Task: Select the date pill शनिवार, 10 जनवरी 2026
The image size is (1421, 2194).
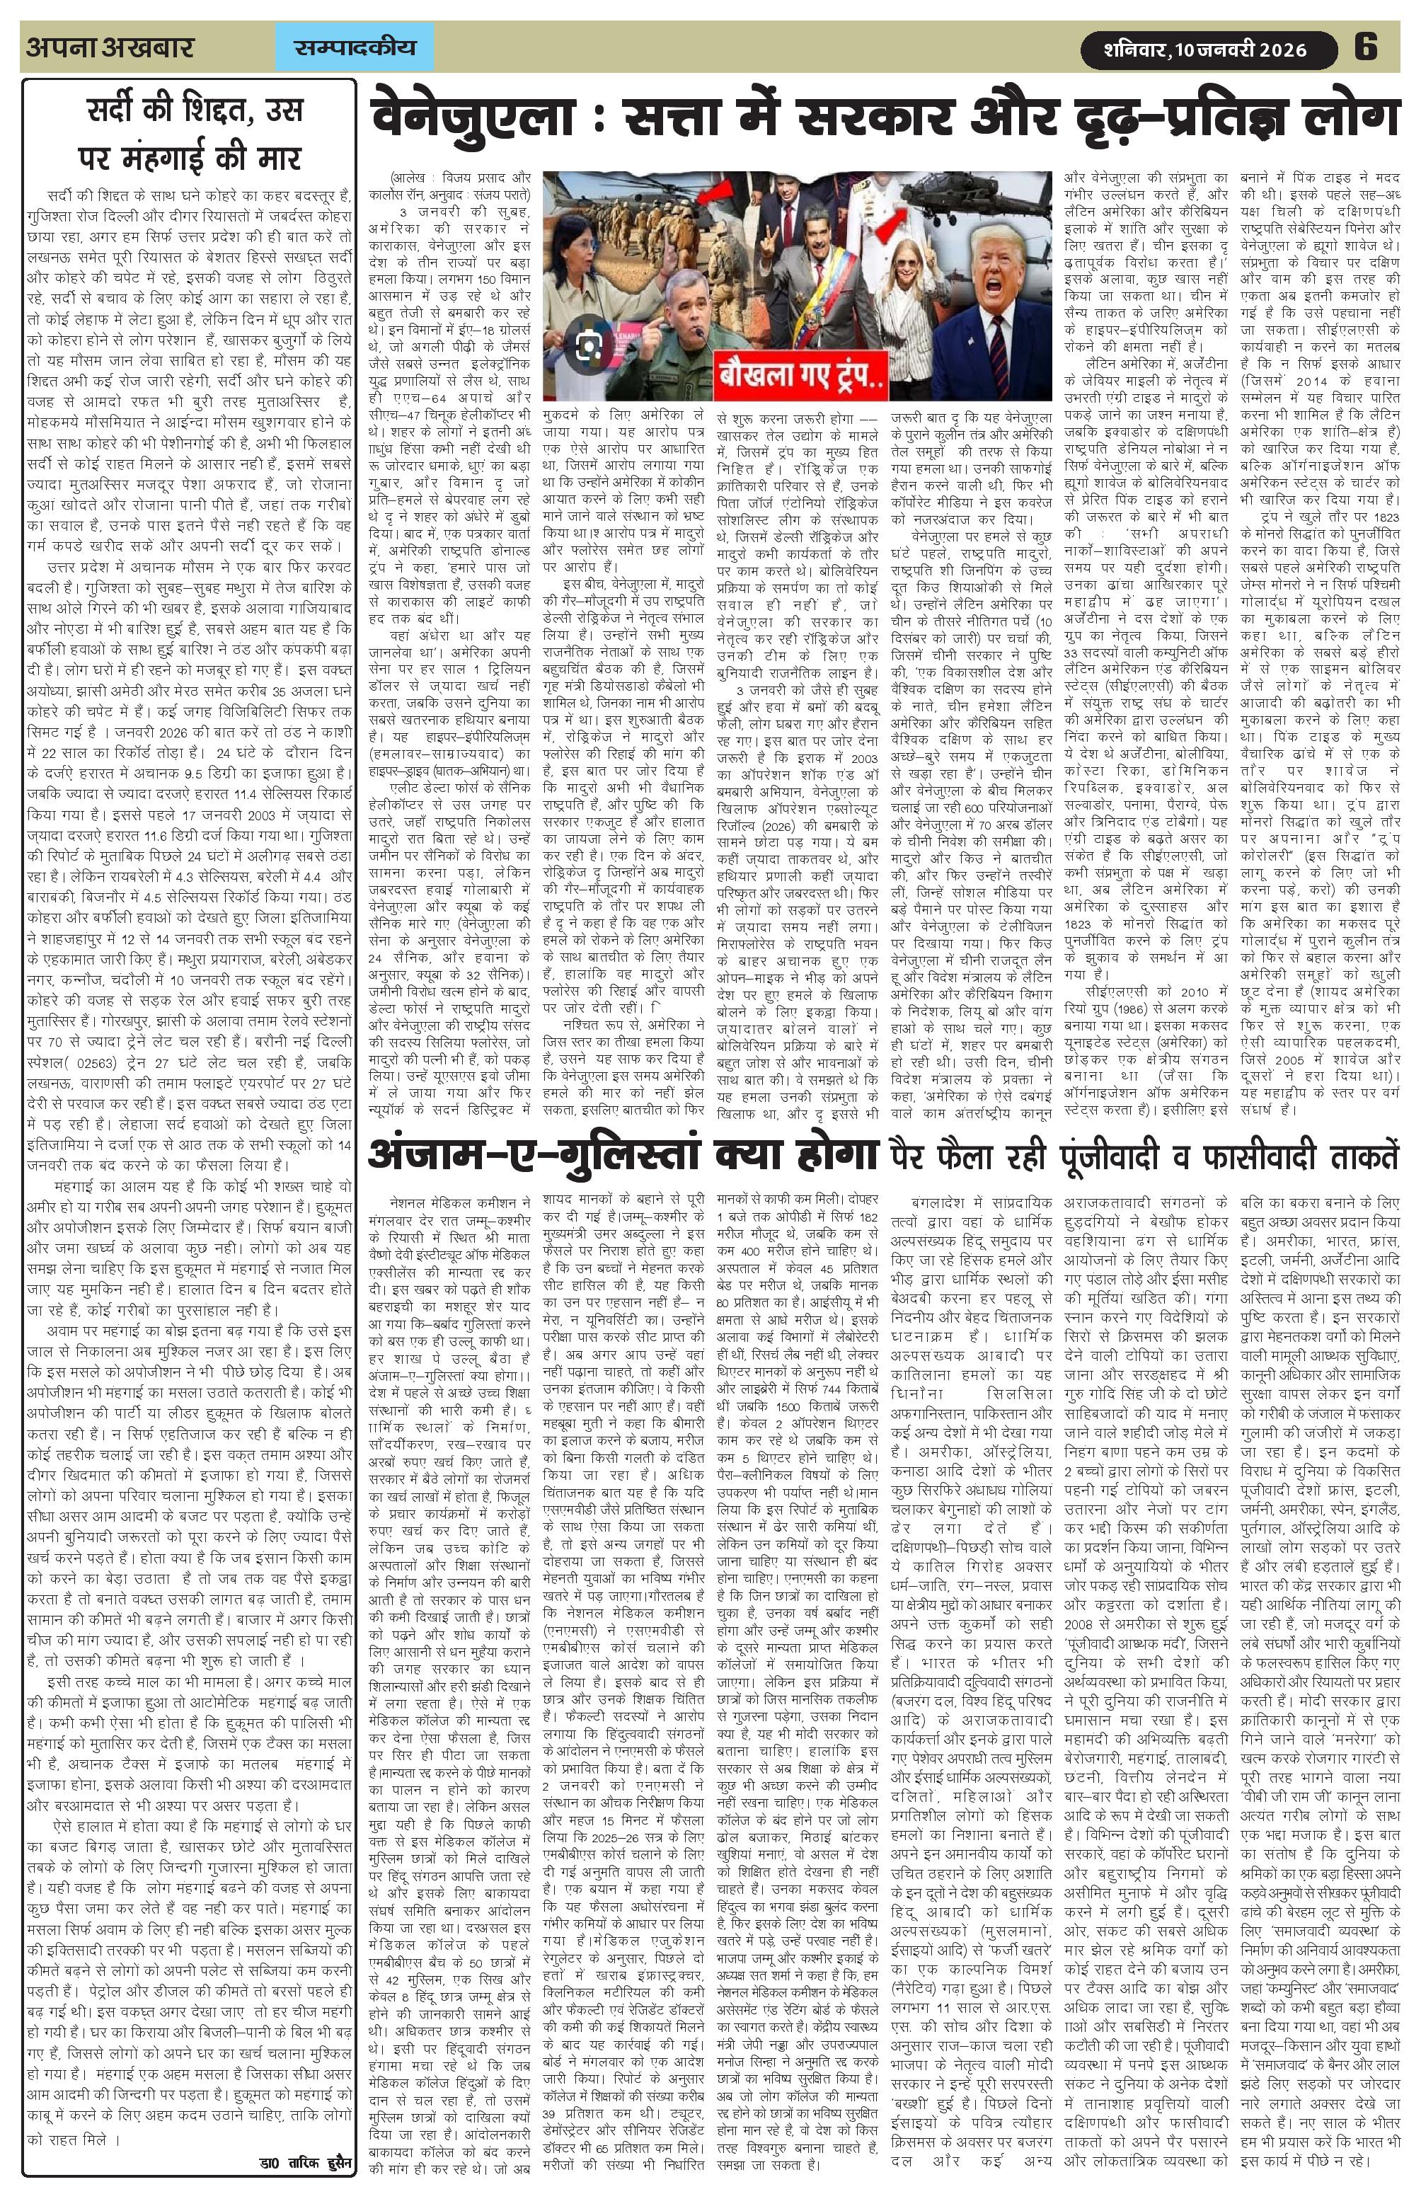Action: click(x=1207, y=48)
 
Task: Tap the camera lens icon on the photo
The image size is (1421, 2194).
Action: click(x=589, y=345)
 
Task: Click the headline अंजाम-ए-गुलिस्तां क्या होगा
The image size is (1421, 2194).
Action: click(x=622, y=1154)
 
